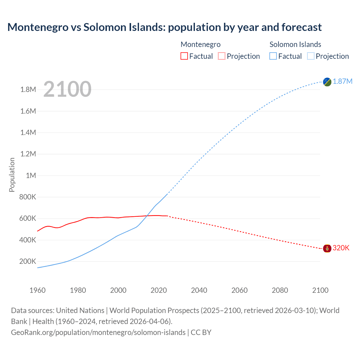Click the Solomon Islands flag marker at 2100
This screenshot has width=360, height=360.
click(x=327, y=82)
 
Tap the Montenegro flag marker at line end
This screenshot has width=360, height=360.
click(x=327, y=248)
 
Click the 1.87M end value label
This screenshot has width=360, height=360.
click(x=343, y=82)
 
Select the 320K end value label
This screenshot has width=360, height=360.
click(x=341, y=248)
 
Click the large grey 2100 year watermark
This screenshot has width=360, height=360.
click(x=67, y=89)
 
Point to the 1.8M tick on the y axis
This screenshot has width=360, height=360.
click(x=28, y=90)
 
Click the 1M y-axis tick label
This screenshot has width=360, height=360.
click(x=31, y=176)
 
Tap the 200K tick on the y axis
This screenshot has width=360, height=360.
click(x=28, y=262)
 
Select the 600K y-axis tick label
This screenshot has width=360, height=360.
click(x=28, y=219)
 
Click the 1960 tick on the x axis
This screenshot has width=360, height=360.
click(x=37, y=290)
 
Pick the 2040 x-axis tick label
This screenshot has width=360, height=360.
click(x=199, y=290)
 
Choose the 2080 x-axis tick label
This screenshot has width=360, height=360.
click(x=280, y=290)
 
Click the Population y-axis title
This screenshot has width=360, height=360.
click(x=12, y=175)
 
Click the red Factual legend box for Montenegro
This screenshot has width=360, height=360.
click(x=184, y=56)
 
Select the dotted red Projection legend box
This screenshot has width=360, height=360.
click(x=222, y=56)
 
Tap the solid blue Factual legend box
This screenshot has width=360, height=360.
click(x=273, y=56)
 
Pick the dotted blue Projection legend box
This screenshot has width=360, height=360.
click(x=310, y=56)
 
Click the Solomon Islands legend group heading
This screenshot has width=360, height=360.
click(x=295, y=44)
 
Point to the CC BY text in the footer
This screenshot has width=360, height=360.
click(x=201, y=332)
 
